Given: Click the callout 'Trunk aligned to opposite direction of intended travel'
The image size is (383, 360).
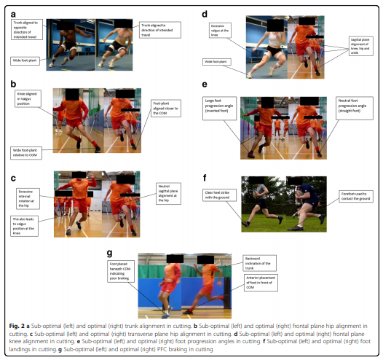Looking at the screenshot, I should pyautogui.click(x=27, y=28).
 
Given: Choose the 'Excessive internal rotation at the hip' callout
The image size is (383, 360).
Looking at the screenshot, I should pyautogui.click(x=27, y=194).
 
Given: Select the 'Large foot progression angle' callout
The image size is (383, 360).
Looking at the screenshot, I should pyautogui.click(x=218, y=108).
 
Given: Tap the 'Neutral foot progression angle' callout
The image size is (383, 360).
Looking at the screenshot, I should pyautogui.click(x=353, y=104).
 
